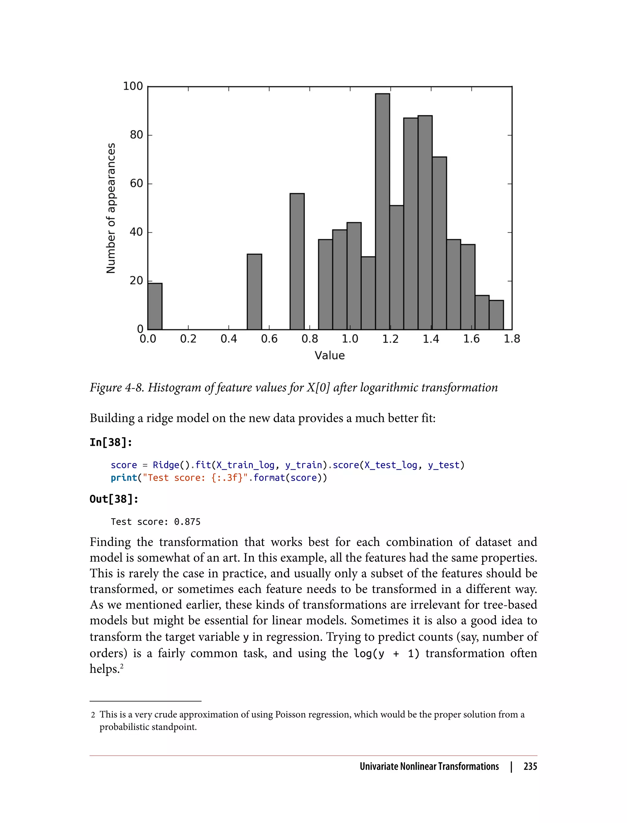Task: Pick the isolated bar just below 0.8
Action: tap(297, 261)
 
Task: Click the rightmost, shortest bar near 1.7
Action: tap(496, 315)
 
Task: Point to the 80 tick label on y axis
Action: tap(137, 135)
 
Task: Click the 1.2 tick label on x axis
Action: tap(390, 339)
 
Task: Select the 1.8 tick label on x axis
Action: tap(512, 339)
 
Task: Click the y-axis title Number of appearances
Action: tap(111, 208)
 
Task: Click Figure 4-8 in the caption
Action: tap(116, 387)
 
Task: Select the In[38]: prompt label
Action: tap(111, 442)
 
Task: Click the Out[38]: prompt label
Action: tap(114, 499)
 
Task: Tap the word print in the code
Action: tap(124, 478)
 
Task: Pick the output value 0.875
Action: tap(187, 522)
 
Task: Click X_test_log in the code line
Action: tap(391, 465)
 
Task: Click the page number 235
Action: tap(530, 766)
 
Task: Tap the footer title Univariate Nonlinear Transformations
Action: tap(429, 766)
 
